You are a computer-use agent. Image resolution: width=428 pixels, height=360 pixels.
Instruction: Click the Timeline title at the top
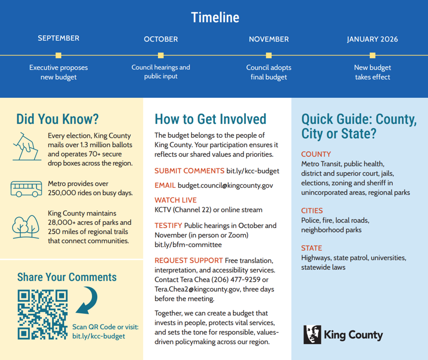click(x=215, y=17)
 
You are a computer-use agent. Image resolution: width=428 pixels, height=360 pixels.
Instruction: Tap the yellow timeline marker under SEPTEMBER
click(x=58, y=55)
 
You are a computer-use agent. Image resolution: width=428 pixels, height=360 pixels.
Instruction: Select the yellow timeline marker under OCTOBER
click(x=161, y=55)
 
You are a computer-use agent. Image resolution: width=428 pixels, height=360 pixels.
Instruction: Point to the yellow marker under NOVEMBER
click(x=268, y=55)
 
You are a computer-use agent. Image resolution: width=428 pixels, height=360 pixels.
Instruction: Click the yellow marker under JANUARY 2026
click(x=372, y=55)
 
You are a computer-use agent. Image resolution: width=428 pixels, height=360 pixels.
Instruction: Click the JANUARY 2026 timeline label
click(x=372, y=39)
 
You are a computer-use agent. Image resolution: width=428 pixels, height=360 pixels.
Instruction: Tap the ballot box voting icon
click(x=26, y=145)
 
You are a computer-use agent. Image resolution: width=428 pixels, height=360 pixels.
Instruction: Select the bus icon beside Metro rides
click(x=26, y=188)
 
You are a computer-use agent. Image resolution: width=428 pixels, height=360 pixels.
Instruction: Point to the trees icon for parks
click(x=26, y=227)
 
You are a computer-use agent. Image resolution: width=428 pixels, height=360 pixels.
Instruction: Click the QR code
click(x=43, y=314)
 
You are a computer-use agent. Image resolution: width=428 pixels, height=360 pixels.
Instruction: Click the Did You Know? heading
click(x=58, y=119)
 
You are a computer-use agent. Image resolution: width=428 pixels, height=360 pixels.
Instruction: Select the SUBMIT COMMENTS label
click(x=190, y=171)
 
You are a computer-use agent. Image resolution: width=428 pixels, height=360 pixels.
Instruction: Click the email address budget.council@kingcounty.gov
click(x=225, y=186)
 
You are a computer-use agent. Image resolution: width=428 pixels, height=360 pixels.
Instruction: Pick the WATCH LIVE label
click(x=175, y=200)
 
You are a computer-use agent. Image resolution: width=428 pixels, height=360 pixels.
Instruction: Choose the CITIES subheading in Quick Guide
click(x=312, y=211)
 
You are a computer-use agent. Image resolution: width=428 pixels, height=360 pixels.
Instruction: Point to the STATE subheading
click(x=311, y=248)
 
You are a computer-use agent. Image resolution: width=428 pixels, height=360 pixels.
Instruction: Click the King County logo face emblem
click(x=312, y=335)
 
